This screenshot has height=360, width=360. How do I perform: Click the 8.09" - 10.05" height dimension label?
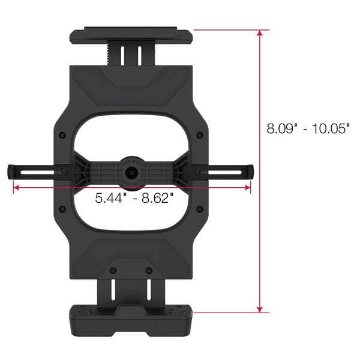click(x=308, y=128)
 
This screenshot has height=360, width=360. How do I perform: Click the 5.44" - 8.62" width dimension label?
click(x=134, y=198)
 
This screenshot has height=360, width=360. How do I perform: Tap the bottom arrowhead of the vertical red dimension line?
click(x=260, y=309)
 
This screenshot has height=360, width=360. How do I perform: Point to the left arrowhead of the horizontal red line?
click(x=16, y=188)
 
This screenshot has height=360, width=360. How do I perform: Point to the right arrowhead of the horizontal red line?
click(x=247, y=188)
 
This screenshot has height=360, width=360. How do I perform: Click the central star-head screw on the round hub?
click(x=131, y=172)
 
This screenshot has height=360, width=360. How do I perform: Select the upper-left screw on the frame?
click(x=62, y=135)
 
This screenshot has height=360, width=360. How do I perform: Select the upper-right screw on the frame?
click(x=200, y=135)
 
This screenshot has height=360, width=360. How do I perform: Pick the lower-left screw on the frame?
click(x=62, y=209)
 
